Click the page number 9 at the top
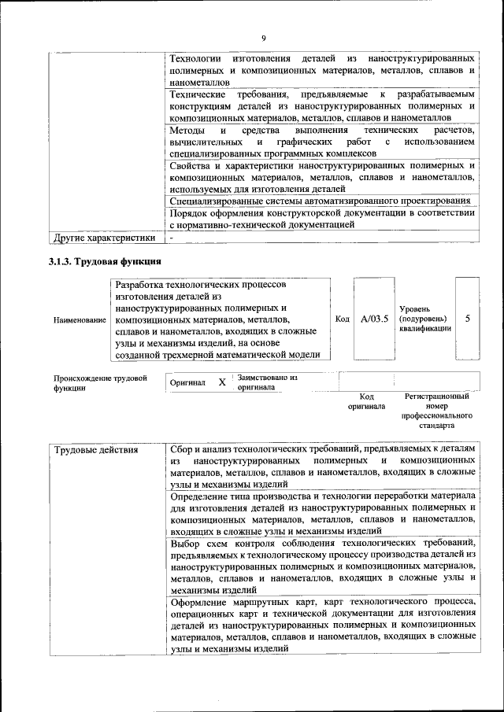coord(264,37)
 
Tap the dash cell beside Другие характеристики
coord(172,237)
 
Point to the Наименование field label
coord(79,320)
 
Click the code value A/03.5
coord(374,319)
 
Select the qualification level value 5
coord(468,319)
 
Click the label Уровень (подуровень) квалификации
coord(425,319)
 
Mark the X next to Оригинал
coord(222,382)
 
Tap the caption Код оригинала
coord(366,401)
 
